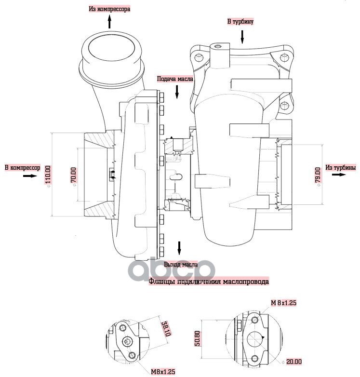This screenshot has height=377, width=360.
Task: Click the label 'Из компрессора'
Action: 109,9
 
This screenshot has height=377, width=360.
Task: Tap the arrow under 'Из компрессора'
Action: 110,22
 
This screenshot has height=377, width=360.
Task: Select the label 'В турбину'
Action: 240,22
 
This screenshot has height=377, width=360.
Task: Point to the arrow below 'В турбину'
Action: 242,35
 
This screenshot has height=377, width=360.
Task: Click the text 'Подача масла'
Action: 175,79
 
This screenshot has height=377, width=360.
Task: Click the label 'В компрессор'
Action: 22,168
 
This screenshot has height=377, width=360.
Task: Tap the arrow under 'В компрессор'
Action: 29,176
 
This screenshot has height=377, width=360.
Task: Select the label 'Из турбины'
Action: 340,167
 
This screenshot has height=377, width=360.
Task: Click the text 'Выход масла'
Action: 180,265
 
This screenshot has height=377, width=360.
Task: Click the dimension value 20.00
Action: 293,362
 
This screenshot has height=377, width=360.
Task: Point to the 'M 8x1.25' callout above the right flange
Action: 283,303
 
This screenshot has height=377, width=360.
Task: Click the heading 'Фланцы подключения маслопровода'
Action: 209,282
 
